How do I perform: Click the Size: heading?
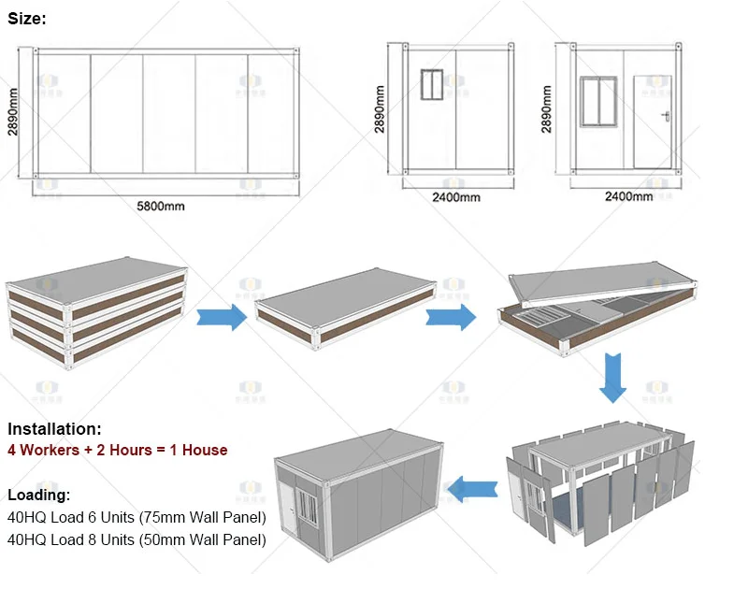point(27,18)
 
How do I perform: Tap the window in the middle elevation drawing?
point(433,85)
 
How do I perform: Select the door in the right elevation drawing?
point(653,122)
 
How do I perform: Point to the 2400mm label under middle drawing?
point(456,197)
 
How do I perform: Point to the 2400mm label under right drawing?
point(628,197)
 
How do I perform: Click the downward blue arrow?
point(613,380)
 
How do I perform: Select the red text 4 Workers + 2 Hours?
point(118,450)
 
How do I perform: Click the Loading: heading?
point(39,495)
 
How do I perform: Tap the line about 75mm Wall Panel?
point(137,517)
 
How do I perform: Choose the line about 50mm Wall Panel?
point(137,539)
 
